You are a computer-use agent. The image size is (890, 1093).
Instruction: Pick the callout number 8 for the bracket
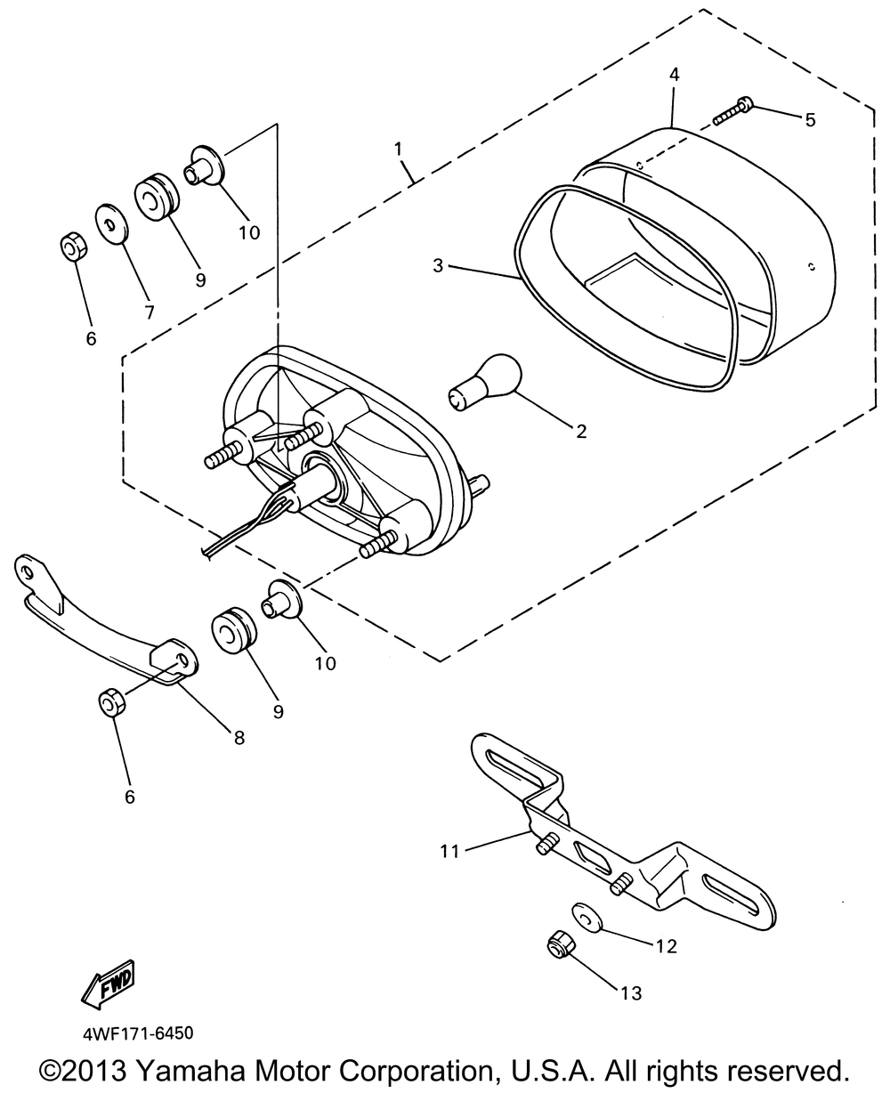(x=239, y=737)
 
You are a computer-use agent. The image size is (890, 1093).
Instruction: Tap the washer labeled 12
(x=584, y=917)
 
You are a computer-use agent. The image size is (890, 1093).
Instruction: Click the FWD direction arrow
(x=107, y=983)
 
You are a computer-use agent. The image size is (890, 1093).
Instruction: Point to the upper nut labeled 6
(x=71, y=247)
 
